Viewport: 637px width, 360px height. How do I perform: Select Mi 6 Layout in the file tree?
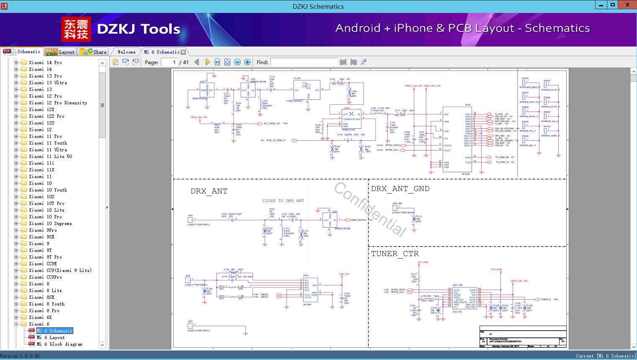click(x=50, y=337)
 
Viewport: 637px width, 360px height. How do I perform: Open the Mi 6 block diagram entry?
click(x=59, y=344)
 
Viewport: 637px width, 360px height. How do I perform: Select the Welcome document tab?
click(x=126, y=52)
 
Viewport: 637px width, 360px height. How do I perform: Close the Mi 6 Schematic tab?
click(x=183, y=52)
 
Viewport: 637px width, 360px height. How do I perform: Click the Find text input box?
click(x=304, y=62)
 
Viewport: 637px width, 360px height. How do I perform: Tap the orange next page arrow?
click(x=207, y=62)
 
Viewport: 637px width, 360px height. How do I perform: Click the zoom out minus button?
click(x=237, y=62)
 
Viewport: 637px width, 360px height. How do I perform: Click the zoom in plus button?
click(x=248, y=62)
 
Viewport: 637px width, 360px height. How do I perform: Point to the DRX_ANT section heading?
click(x=209, y=191)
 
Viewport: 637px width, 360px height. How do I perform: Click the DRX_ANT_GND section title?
click(x=400, y=189)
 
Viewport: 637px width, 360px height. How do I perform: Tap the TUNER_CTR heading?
click(x=395, y=254)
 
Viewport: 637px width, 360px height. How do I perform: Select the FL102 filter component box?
click(x=307, y=90)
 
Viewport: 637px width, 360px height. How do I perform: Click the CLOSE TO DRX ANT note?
click(x=283, y=201)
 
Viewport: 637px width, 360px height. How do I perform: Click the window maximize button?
click(x=613, y=5)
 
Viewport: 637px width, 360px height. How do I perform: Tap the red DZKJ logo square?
click(x=76, y=29)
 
